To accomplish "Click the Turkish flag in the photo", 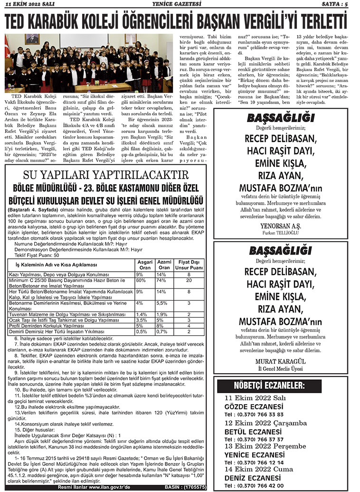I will point(7,47).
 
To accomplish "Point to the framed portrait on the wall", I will point(32,39).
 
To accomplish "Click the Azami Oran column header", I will point(164,265).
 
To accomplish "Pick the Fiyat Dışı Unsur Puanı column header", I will point(189,265).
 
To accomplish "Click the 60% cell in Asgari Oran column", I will point(141,281).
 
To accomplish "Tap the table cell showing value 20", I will point(189,281).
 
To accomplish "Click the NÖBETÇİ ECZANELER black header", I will point(268,385).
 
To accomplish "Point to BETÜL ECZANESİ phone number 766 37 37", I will point(268,439).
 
